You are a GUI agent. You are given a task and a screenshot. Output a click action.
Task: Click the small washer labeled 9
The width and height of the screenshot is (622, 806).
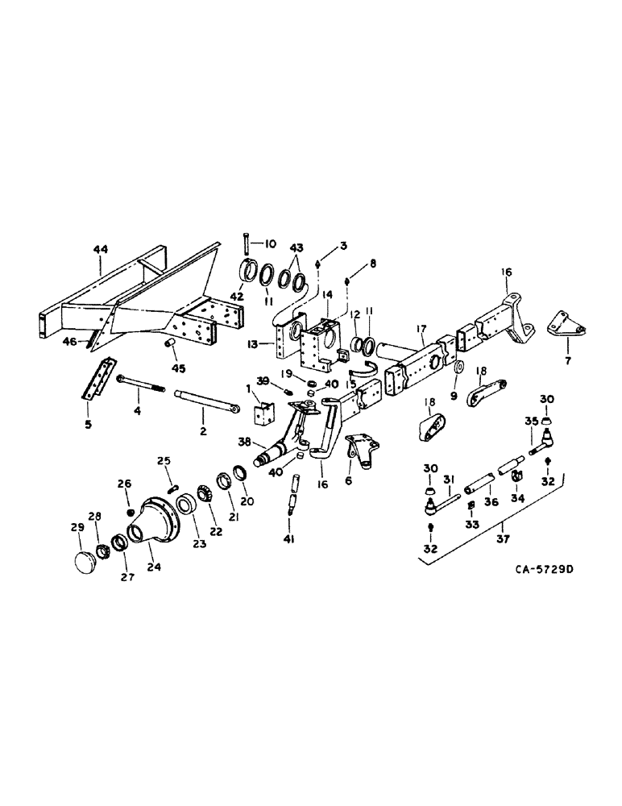[459, 370]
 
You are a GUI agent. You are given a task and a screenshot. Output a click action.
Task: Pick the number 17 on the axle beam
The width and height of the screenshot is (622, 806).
[420, 329]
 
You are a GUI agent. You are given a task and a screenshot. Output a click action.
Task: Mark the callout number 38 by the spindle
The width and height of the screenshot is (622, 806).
[243, 442]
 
